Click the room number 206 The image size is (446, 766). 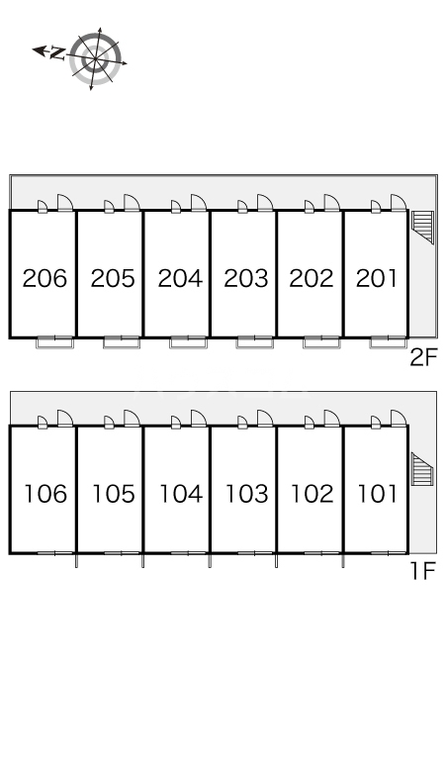[x=45, y=278]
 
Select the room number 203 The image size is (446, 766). [x=246, y=278]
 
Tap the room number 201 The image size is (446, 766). [x=377, y=278]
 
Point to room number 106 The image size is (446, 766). [x=45, y=494]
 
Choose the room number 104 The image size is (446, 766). [x=181, y=494]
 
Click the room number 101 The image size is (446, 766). [x=378, y=494]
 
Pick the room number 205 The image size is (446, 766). [x=112, y=278]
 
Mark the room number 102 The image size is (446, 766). [x=312, y=494]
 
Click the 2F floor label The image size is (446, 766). [x=422, y=358]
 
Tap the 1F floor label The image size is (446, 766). [x=422, y=571]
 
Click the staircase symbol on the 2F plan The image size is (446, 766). [x=422, y=227]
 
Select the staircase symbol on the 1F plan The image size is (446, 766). [x=422, y=469]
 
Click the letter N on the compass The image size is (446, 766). [x=58, y=52]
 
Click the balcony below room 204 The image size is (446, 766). [x=188, y=343]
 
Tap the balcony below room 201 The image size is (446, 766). [x=388, y=343]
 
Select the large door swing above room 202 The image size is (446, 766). [x=331, y=203]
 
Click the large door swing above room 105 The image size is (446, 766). [x=132, y=419]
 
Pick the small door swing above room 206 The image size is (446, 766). [x=43, y=207]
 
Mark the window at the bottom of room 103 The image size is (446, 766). [x=255, y=552]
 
